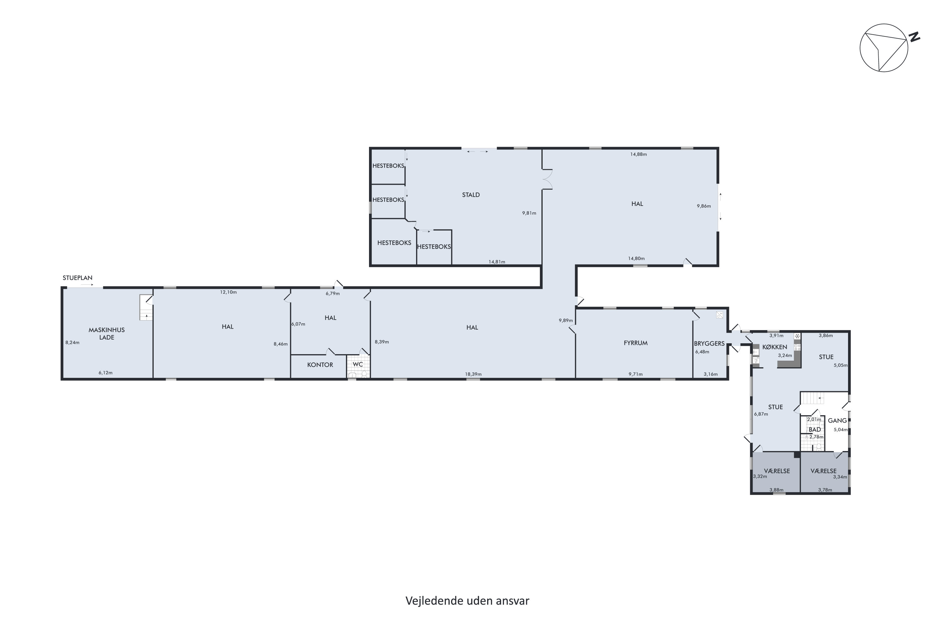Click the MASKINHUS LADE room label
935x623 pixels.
pyautogui.click(x=107, y=333)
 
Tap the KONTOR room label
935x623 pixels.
pyautogui.click(x=320, y=365)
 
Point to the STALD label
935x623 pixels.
pyautogui.click(x=471, y=195)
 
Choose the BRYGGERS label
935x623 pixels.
pyautogui.click(x=709, y=344)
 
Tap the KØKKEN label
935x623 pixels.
pyautogui.click(x=775, y=347)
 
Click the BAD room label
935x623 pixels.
pyautogui.click(x=815, y=430)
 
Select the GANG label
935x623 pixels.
pyautogui.click(x=837, y=420)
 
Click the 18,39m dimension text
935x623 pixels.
pyautogui.click(x=473, y=374)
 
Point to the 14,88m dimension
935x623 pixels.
pyautogui.click(x=638, y=154)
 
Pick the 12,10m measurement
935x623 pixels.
pyautogui.click(x=228, y=292)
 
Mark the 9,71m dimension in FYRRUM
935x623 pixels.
pyautogui.click(x=635, y=374)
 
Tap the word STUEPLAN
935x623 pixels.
pyautogui.click(x=78, y=278)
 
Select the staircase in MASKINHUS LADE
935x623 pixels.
pyautogui.click(x=146, y=307)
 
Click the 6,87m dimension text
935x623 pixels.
pyautogui.click(x=761, y=414)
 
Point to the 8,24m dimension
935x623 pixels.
pyautogui.click(x=72, y=342)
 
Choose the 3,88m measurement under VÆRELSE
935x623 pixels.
pyautogui.click(x=776, y=490)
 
